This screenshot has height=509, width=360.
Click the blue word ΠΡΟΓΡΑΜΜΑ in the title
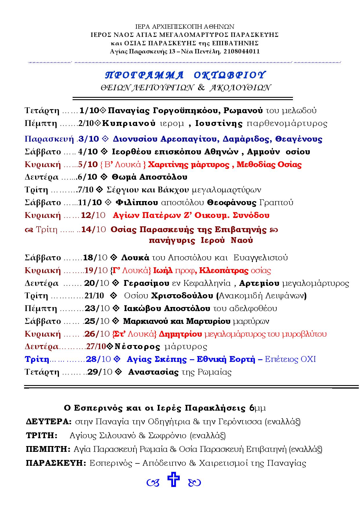pos(144,75)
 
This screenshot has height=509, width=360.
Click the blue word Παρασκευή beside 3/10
pos(49,139)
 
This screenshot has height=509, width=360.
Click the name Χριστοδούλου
pos(182,296)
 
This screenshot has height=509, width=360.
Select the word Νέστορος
pos(137,347)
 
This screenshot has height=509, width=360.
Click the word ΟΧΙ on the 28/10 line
pos(308,360)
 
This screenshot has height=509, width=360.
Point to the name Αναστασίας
pos(153,372)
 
